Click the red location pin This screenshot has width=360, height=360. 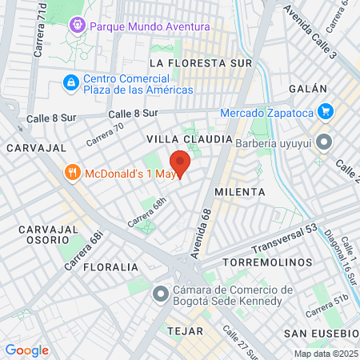[x=180, y=163]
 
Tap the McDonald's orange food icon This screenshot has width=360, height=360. [x=72, y=172]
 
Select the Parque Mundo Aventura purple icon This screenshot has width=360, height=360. [x=78, y=26]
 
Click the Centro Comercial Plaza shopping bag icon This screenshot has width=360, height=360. [x=71, y=82]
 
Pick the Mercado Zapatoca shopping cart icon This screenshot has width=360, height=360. [x=325, y=111]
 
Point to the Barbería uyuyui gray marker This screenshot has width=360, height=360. [x=324, y=143]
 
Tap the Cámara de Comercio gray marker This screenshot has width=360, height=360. [x=162, y=294]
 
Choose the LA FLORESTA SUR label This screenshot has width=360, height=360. [x=201, y=62]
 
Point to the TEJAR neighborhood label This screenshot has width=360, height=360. [x=182, y=329]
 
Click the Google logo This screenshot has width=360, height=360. [x=26, y=350]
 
